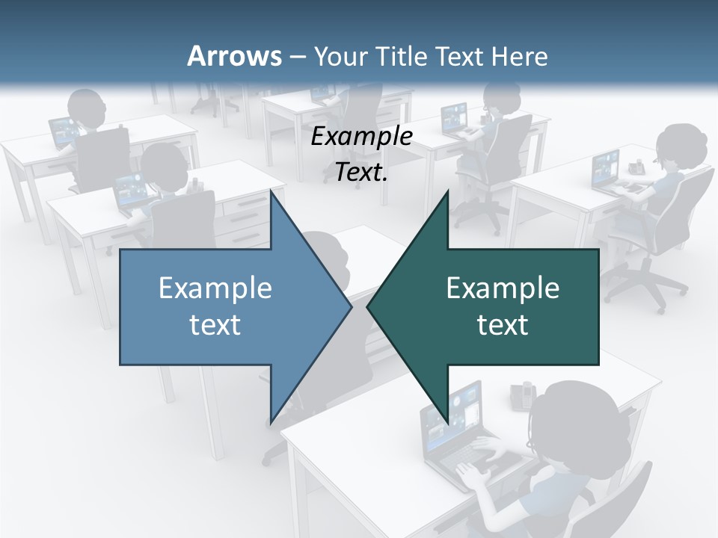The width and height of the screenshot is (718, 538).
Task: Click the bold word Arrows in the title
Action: (235, 56)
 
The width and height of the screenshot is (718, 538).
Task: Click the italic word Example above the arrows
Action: (361, 137)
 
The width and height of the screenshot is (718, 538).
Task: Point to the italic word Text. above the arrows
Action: (361, 173)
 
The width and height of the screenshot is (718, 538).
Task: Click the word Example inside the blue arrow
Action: (215, 288)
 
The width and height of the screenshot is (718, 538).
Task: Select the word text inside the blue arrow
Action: (215, 325)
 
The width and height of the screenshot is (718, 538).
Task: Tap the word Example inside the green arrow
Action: (503, 288)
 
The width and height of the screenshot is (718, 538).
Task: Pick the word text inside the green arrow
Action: (503, 325)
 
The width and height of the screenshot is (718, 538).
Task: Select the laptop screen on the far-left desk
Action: (63, 132)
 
